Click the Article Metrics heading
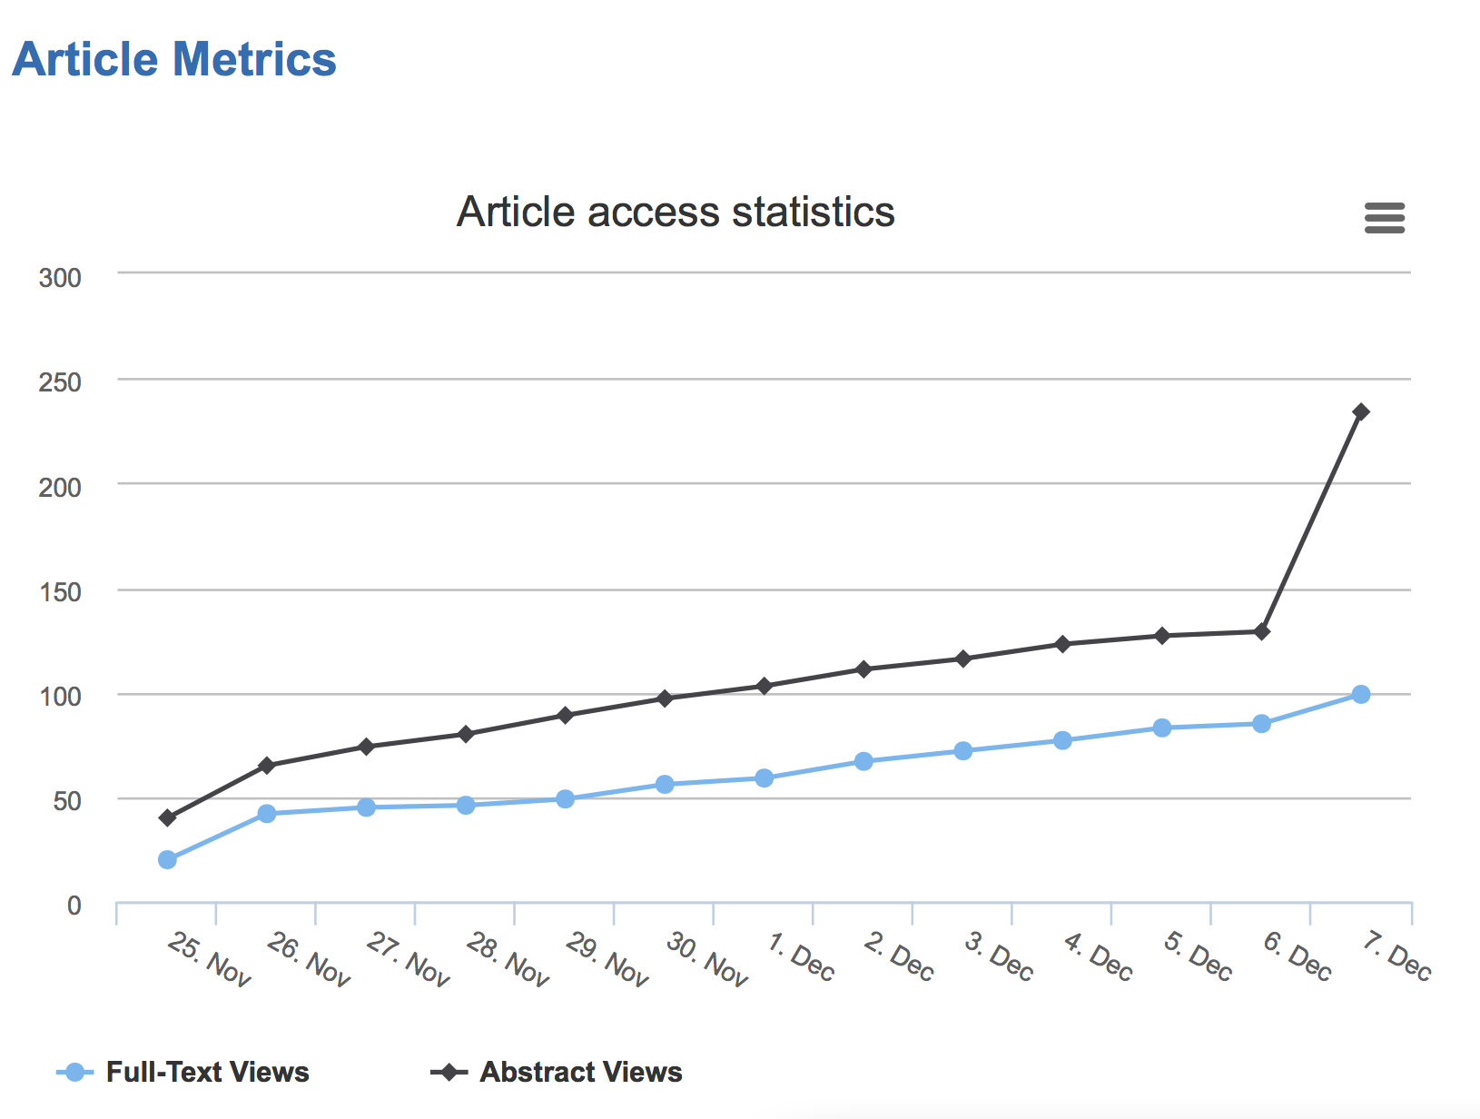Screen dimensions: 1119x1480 (x=174, y=60)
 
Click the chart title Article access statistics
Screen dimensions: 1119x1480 (x=676, y=212)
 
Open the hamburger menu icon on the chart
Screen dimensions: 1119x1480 (x=1384, y=218)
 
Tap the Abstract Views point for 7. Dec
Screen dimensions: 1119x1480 (x=1360, y=412)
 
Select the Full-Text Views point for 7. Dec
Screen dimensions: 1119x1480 (x=1360, y=695)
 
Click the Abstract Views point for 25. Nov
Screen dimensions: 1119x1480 (x=167, y=818)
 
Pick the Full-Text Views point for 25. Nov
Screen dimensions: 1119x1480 (x=167, y=859)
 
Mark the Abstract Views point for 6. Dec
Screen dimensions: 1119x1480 (x=1261, y=631)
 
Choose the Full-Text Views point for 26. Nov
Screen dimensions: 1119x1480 (x=267, y=814)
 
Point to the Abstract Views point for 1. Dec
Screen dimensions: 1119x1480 (x=764, y=686)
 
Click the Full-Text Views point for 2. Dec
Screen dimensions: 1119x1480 (x=863, y=761)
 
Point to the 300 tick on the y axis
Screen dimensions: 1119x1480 (x=60, y=278)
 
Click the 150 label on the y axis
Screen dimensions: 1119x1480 (x=60, y=592)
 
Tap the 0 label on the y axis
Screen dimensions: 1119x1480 (x=74, y=906)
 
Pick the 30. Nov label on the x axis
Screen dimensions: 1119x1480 (x=706, y=959)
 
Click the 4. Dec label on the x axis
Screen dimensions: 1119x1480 (x=1098, y=956)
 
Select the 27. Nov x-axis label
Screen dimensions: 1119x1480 (x=408, y=959)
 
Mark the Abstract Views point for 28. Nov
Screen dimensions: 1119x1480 (x=466, y=734)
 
